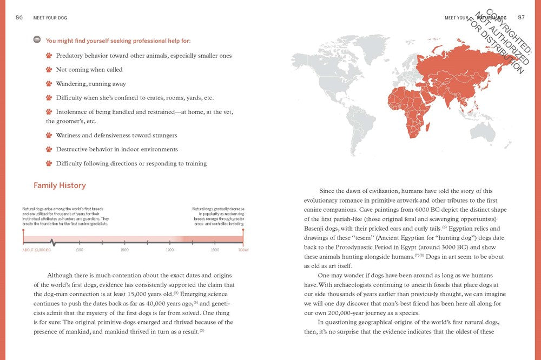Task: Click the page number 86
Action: [x=19, y=17]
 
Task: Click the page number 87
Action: [x=521, y=17]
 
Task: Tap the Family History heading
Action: [x=60, y=185]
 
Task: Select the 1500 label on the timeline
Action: [x=124, y=250]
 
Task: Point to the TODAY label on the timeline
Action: [x=243, y=250]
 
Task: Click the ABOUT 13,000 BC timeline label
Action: [x=37, y=250]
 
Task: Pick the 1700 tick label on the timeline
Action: [x=170, y=250]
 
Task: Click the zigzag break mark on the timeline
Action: [x=52, y=242]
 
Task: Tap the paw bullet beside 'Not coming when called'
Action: [x=49, y=70]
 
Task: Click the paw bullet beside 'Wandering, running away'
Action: [x=49, y=84]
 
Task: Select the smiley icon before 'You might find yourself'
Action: [x=37, y=39]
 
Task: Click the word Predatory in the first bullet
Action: [x=69, y=56]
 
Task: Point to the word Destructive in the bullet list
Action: [x=72, y=149]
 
